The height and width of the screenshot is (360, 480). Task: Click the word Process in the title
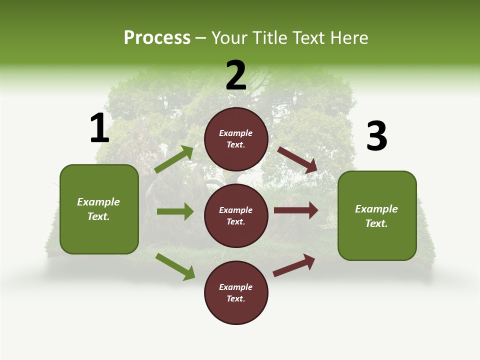coord(157,38)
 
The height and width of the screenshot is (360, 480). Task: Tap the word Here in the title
coord(348,38)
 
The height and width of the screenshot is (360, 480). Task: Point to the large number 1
coord(99,128)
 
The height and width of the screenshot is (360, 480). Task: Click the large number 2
coord(236,75)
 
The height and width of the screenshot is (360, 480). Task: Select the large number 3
coord(376,136)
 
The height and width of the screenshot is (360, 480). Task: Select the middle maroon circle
coord(236,215)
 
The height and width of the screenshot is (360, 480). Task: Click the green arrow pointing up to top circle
coord(174,159)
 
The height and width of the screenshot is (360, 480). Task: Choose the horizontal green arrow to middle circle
coord(175,211)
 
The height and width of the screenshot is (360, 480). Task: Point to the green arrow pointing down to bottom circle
coord(175,266)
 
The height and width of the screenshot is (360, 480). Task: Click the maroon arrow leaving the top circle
coord(298,159)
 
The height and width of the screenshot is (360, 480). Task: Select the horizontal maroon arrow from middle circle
coord(296,210)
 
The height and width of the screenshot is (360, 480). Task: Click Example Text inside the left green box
coord(98,209)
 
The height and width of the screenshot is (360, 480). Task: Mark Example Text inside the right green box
coord(376,216)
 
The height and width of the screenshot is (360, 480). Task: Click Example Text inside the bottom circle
coord(236,292)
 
